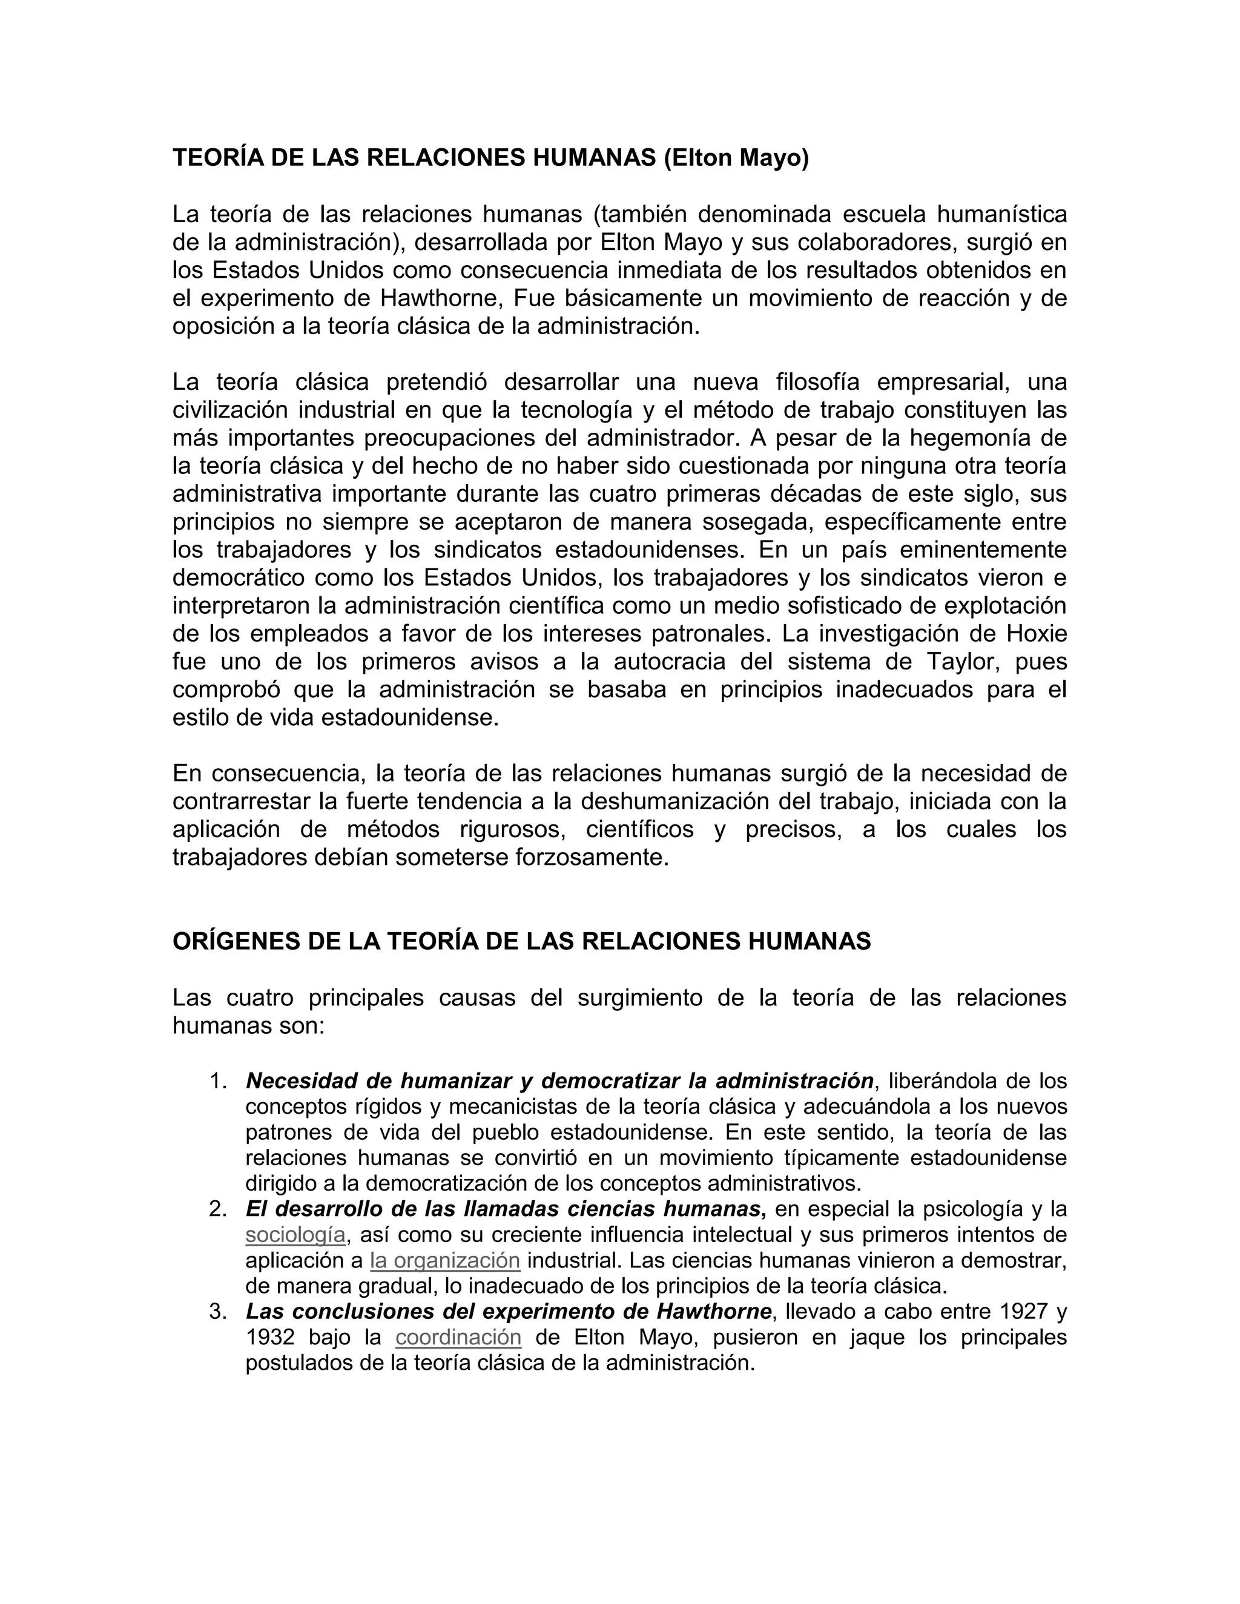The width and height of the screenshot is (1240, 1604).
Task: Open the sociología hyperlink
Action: pyautogui.click(x=295, y=1235)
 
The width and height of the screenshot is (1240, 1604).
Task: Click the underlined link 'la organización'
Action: pyautogui.click(x=445, y=1260)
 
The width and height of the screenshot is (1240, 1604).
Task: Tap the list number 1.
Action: pyautogui.click(x=217, y=1081)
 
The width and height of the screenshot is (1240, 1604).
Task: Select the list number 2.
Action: pyautogui.click(x=217, y=1209)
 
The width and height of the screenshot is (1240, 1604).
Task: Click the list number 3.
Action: pyautogui.click(x=217, y=1312)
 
